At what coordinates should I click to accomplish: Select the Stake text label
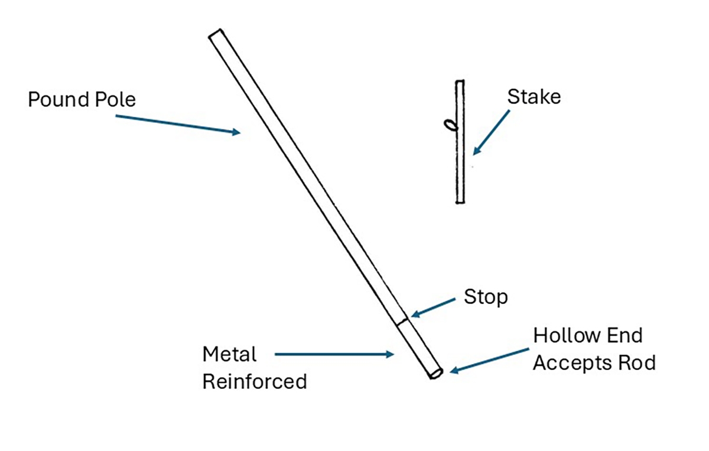point(534,96)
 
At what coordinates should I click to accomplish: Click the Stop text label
point(486,297)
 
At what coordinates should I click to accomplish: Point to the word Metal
point(229,355)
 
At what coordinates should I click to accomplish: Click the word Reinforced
point(255,381)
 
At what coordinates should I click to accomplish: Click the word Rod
point(638,362)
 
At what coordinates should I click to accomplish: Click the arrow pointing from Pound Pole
point(177,124)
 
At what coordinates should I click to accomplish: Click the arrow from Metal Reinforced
point(334,355)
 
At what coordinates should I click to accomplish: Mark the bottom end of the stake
point(460,202)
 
